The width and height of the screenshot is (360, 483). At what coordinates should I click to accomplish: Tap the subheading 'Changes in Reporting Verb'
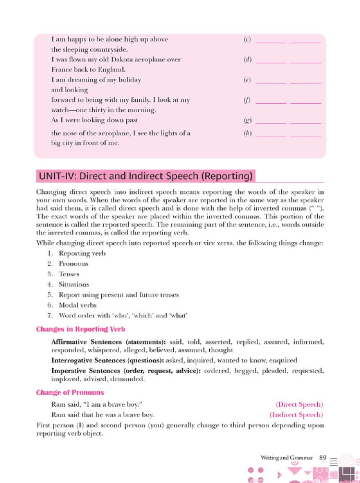pyautogui.click(x=81, y=329)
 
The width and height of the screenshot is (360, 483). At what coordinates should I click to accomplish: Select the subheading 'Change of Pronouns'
pyautogui.click(x=70, y=392)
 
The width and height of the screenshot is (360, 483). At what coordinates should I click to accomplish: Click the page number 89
pyautogui.click(x=323, y=458)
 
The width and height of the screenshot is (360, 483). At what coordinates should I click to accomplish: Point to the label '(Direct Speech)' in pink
pyautogui.click(x=299, y=404)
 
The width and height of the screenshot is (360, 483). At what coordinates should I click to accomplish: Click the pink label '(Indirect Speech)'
pyautogui.click(x=296, y=414)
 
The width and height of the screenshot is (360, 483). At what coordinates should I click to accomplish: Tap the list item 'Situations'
pyautogui.click(x=73, y=284)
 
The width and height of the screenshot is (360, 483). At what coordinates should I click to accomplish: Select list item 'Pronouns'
pyautogui.click(x=73, y=264)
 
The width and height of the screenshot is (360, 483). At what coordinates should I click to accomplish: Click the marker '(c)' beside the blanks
pyautogui.click(x=248, y=40)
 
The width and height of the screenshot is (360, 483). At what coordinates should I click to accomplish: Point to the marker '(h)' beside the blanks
pyautogui.click(x=248, y=133)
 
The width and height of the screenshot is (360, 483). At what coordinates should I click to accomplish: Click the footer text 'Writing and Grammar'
pyautogui.click(x=287, y=458)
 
